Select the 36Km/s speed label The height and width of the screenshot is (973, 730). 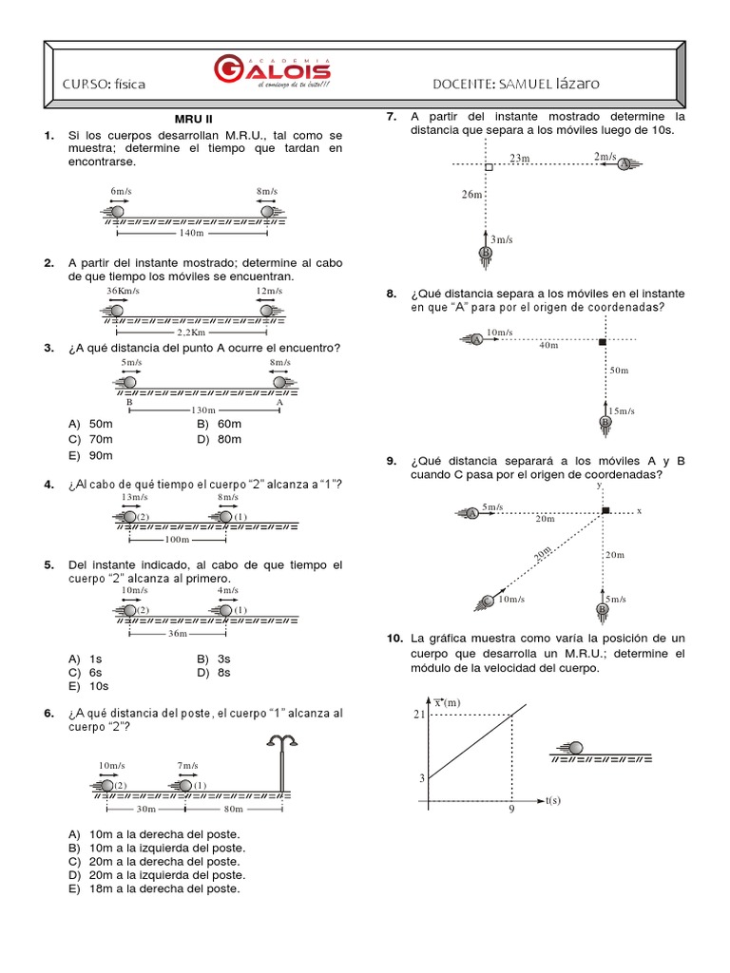pos(123,291)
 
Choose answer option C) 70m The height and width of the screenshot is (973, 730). pos(91,440)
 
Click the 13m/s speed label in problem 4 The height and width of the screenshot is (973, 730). pos(134,497)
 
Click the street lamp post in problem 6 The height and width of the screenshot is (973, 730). pos(281,760)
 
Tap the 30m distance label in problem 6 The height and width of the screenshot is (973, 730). pos(145,810)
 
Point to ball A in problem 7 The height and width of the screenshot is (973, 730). pos(624,164)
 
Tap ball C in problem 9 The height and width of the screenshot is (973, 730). pos(488,600)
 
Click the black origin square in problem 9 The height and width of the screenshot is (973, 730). pos(605,511)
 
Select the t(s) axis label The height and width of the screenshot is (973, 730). pos(552,800)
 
